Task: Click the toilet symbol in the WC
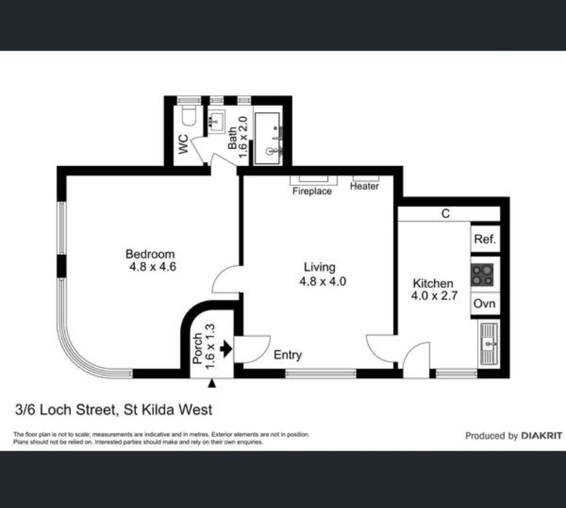coord(189,114)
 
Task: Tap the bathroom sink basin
coord(217,121)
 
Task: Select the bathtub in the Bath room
coord(267,139)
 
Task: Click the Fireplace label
coord(312,191)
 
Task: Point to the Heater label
coord(364,186)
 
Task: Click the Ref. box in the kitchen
coord(485,239)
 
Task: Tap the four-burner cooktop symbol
coord(482,275)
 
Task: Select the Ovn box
coord(485,304)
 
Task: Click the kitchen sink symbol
coord(489,343)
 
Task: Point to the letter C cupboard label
coord(446,214)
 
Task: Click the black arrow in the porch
coord(226,349)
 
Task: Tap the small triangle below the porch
coord(212,384)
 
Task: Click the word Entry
coord(288,355)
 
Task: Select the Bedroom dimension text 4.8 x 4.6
coord(152,267)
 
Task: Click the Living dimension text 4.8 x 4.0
coord(323,281)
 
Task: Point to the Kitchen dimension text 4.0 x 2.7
coord(434,295)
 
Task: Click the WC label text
coord(183,144)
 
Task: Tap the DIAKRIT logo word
coord(541,436)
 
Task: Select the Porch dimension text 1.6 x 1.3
coord(210,347)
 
